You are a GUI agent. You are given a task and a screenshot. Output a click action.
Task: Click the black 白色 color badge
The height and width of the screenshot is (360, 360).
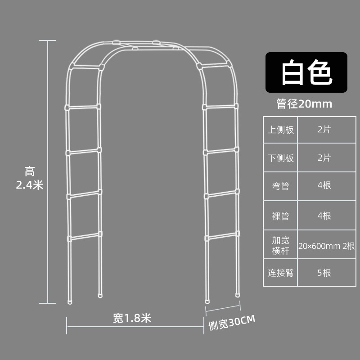click(x=306, y=73)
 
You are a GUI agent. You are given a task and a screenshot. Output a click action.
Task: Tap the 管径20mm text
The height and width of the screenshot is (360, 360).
click(x=304, y=104)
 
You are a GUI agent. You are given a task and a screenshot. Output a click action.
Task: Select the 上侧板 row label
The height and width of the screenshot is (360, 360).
click(x=281, y=130)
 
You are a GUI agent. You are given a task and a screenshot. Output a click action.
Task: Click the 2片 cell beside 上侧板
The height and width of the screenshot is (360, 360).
click(x=324, y=130)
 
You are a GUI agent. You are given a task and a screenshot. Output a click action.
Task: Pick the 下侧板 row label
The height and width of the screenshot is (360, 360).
click(x=281, y=158)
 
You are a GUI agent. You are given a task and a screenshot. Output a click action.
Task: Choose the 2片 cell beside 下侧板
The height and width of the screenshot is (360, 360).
click(x=324, y=158)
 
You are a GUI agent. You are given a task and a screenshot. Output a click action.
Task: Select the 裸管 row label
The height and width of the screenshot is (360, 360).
click(x=281, y=216)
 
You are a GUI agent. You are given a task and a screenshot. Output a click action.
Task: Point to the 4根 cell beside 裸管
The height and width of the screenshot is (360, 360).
click(x=324, y=216)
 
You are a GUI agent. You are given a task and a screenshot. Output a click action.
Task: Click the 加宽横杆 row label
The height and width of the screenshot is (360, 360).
click(x=281, y=244)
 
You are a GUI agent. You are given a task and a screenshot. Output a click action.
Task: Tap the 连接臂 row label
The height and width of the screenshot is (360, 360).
click(x=281, y=273)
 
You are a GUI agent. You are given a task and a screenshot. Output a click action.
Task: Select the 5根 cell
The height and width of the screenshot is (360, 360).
click(x=324, y=273)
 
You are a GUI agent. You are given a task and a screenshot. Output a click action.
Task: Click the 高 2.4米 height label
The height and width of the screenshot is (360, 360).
click(x=30, y=178)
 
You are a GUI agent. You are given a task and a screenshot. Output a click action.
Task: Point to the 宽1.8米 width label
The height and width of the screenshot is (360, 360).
click(x=132, y=319)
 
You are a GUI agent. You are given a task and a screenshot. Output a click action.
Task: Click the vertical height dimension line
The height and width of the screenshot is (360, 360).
click(x=48, y=171)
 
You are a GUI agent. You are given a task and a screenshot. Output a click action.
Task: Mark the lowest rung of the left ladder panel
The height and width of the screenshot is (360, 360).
click(x=84, y=236)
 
